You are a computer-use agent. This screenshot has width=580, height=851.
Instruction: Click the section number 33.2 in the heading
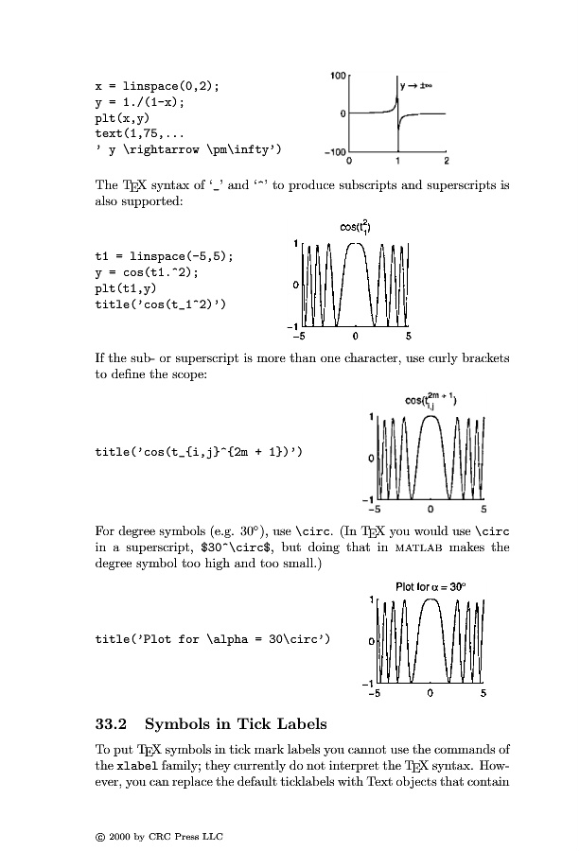(112, 725)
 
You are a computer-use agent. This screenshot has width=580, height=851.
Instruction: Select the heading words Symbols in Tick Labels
(236, 725)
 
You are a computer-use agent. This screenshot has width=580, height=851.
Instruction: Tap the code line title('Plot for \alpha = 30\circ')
(213, 639)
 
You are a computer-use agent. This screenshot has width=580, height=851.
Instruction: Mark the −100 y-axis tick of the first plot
(335, 151)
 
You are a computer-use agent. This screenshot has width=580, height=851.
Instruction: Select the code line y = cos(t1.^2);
(150, 271)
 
